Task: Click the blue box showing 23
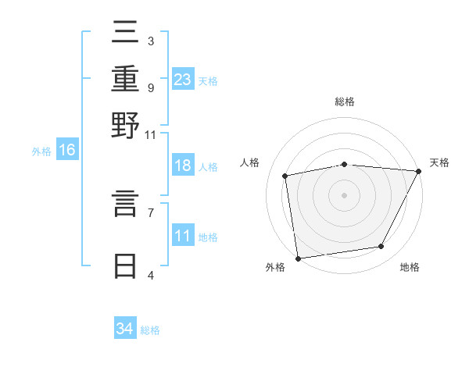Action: click(x=183, y=80)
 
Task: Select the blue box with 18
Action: click(x=183, y=166)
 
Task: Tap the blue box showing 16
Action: click(x=67, y=150)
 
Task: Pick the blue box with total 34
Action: click(x=124, y=329)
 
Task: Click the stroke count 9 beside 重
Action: click(x=150, y=87)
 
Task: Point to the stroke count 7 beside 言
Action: click(x=150, y=212)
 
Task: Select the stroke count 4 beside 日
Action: click(x=150, y=274)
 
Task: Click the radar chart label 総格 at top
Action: click(x=344, y=102)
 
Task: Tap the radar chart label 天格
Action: click(x=439, y=162)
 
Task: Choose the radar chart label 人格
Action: click(x=250, y=162)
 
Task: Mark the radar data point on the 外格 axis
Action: click(x=298, y=258)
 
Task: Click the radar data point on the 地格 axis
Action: click(x=381, y=247)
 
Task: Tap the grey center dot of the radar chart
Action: click(x=344, y=194)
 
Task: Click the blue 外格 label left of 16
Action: click(x=41, y=151)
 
